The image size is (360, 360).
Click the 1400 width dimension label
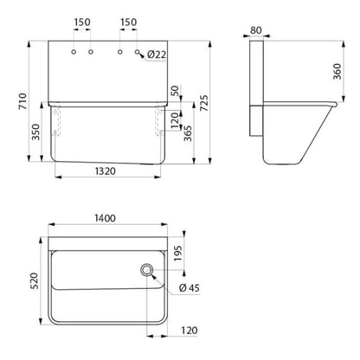105,218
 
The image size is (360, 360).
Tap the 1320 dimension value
106,171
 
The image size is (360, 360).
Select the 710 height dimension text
22,101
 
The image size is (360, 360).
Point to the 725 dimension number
203,103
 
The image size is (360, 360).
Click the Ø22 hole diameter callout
157,55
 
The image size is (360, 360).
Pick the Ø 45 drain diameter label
189,288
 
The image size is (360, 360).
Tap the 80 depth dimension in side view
256,30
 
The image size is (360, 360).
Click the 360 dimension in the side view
337,71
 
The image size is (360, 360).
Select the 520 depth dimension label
34,280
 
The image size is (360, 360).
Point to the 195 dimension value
178,254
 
